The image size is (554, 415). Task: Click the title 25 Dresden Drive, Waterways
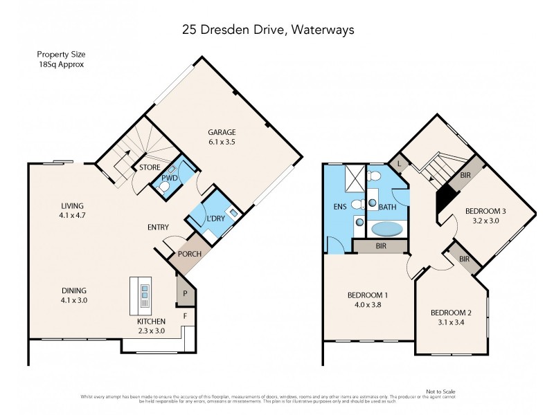277,30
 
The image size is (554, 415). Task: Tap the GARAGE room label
222,133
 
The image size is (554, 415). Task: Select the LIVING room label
71,206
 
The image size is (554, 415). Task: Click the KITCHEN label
150,321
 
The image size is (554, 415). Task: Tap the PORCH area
189,254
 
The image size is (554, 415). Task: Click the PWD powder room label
169,178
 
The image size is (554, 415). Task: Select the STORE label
150,167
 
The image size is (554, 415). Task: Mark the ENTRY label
159,228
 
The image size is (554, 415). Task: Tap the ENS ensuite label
339,205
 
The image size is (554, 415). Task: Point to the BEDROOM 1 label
367,295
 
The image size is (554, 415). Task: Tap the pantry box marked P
185,293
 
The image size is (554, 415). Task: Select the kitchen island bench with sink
143,296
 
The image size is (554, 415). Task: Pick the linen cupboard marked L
399,163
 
